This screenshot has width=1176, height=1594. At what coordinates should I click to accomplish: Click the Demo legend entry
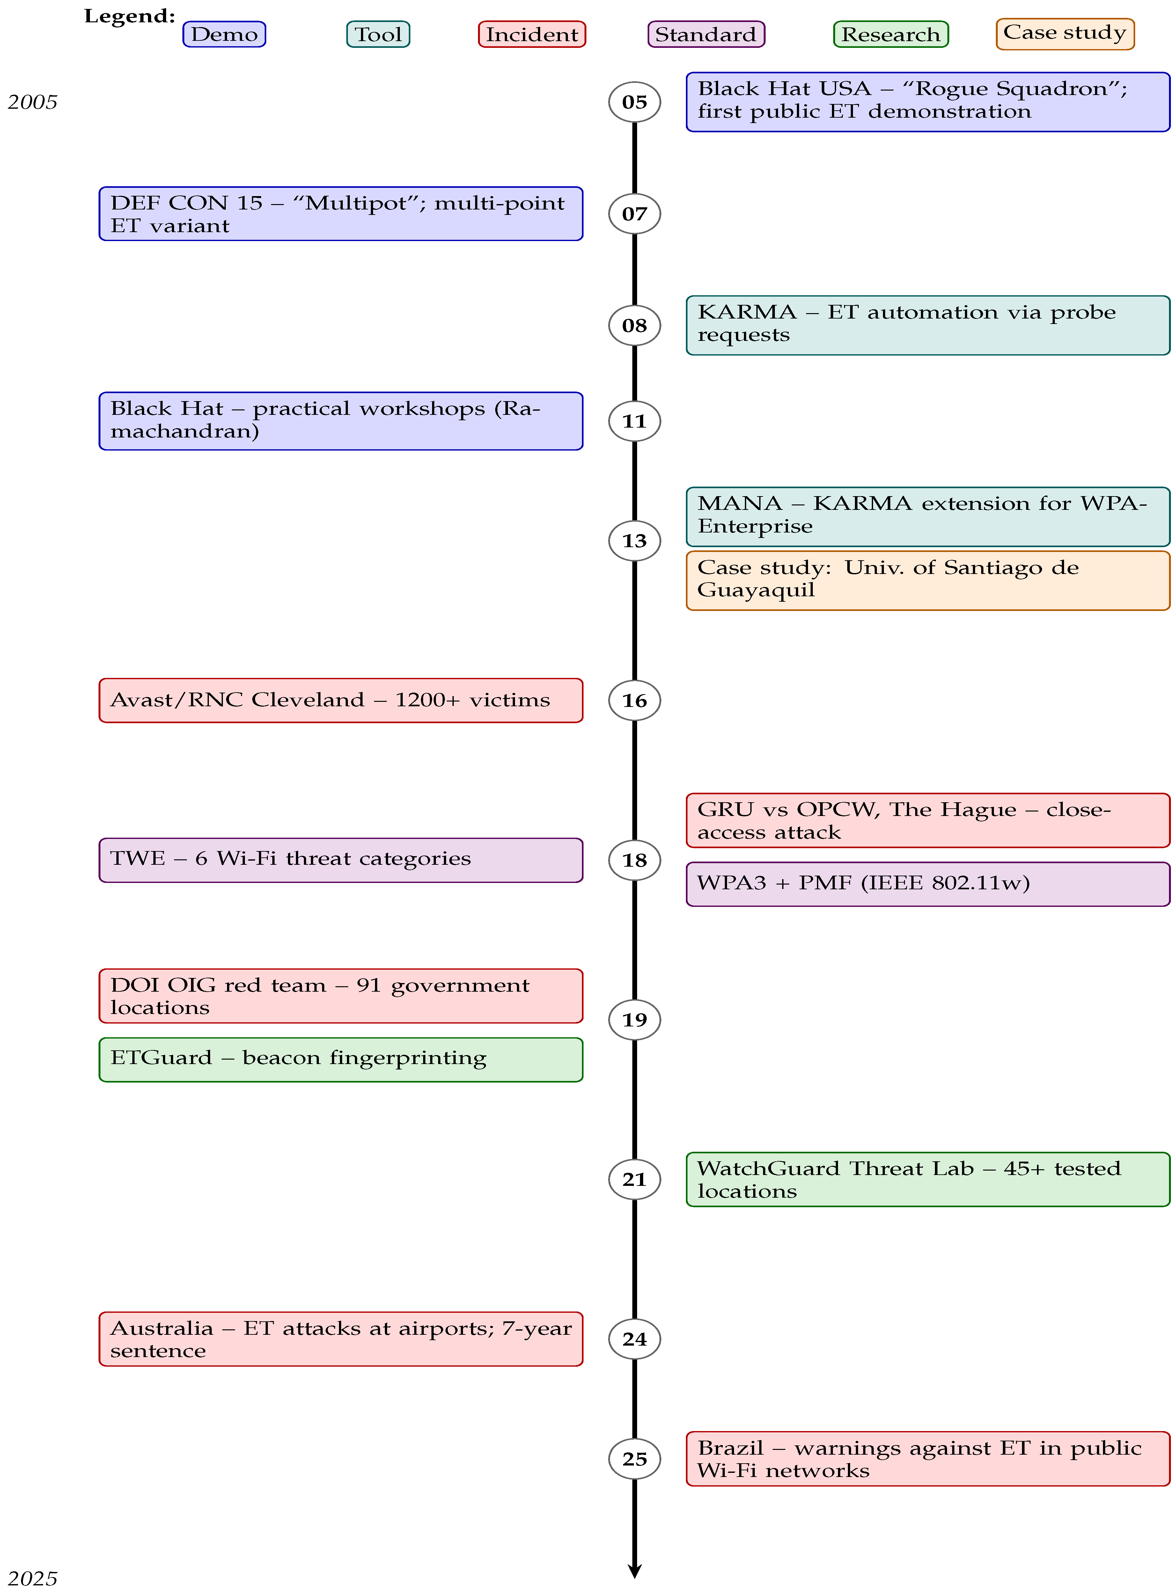point(224,34)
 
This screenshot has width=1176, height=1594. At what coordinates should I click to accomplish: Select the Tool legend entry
point(378,34)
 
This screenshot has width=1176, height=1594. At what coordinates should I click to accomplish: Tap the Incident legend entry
point(532,34)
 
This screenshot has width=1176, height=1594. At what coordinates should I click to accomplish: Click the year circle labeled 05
point(634,102)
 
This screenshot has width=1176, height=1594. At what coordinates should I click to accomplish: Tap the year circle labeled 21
point(634,1179)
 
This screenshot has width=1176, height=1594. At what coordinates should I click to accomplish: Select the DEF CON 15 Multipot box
point(341,214)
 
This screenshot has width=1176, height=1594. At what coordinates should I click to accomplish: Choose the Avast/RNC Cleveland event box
point(341,701)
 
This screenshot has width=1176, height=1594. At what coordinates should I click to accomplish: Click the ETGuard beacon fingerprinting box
point(341,1059)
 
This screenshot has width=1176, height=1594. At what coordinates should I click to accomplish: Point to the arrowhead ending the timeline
point(634,1571)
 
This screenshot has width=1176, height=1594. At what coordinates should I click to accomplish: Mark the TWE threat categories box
point(341,860)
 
